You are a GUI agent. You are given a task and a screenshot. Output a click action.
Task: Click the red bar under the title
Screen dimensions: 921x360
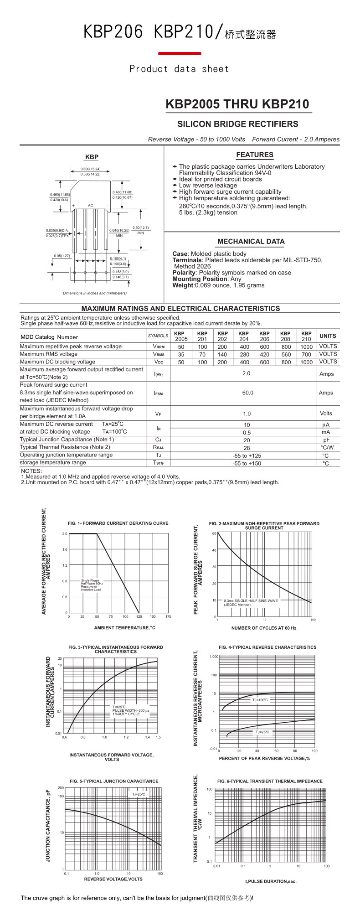180,54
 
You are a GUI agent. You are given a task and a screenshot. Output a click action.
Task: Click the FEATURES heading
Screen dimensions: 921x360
255,155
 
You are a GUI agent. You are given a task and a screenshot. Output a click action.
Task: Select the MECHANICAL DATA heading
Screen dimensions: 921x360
251,242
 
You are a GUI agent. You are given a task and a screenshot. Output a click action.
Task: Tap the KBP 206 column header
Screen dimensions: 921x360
264,336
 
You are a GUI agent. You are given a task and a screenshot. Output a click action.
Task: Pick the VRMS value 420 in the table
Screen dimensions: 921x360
264,354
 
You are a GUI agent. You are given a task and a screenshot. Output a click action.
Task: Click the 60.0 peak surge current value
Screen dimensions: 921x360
247,393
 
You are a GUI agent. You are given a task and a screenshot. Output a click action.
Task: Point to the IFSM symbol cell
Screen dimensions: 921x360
158,393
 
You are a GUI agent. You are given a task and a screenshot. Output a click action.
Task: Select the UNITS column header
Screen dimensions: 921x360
328,336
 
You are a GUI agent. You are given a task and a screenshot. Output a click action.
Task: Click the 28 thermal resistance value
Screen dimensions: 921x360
247,448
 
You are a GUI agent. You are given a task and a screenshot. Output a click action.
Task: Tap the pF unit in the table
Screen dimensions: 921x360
326,440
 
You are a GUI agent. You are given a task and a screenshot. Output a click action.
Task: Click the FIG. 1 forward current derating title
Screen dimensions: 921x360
118,523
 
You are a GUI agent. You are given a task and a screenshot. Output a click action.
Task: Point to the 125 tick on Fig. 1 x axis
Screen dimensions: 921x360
139,616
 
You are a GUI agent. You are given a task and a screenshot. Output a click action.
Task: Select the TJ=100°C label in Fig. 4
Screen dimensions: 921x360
260,700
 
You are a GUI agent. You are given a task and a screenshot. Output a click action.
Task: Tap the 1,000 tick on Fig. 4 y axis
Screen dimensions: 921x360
214,657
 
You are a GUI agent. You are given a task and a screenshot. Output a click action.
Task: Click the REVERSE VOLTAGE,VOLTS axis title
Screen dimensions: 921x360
113,879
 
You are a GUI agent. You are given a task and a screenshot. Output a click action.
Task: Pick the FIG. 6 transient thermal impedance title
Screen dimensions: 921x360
270,781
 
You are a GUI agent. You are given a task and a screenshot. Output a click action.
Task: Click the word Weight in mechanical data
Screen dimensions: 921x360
183,285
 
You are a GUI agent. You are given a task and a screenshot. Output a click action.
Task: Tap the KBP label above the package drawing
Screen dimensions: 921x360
92,157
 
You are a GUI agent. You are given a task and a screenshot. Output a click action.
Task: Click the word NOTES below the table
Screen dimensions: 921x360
31,471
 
